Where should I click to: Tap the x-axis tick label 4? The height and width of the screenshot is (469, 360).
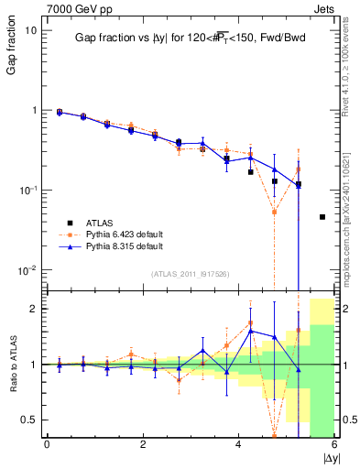[x=239, y=444]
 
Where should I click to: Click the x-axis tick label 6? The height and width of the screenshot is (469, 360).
[x=334, y=444]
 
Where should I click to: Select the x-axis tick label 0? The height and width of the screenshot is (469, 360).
[x=47, y=444]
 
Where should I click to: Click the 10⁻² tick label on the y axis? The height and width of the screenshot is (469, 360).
[x=27, y=270]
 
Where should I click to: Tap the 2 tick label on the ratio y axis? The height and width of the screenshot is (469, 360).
[x=35, y=309]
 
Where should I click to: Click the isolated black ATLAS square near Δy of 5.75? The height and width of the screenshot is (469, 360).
[x=322, y=217]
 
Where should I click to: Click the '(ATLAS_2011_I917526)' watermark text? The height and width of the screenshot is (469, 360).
[x=190, y=274]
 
